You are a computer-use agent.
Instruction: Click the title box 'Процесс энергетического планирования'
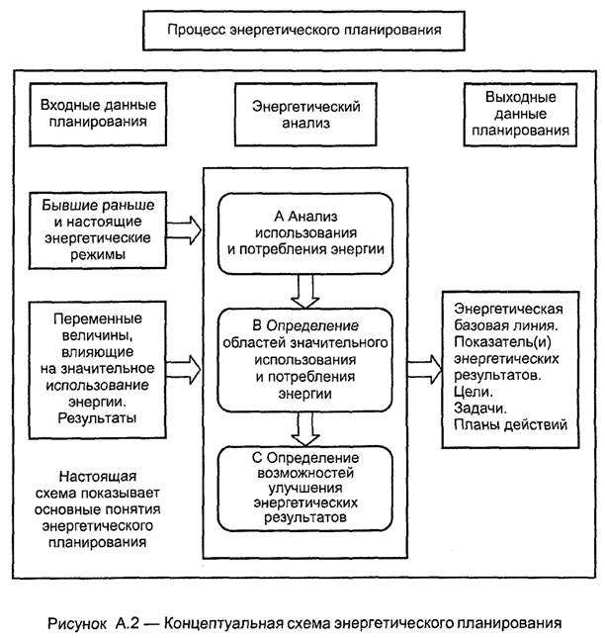pos(303,30)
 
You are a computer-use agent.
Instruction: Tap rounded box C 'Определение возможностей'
pos(303,487)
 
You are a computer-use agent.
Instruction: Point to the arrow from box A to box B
pos(304,289)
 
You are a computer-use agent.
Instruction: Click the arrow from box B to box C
pos(304,425)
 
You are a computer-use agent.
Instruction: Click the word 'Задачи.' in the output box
pos(476,409)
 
